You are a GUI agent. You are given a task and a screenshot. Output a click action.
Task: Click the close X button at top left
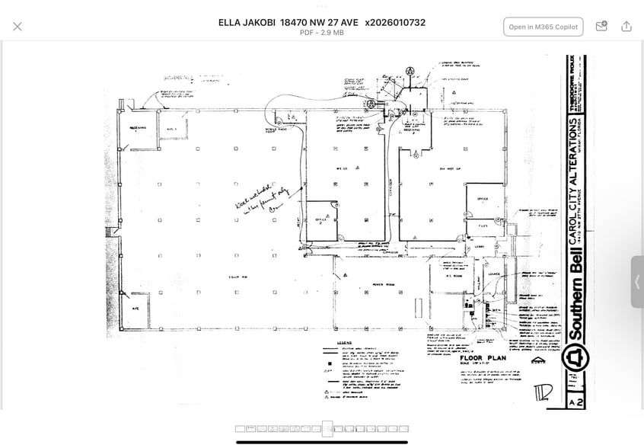(x=18, y=27)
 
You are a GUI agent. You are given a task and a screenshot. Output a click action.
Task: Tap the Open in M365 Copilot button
(x=543, y=27)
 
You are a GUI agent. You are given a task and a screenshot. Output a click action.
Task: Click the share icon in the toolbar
(x=626, y=27)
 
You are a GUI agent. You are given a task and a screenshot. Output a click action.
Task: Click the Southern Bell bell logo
(x=575, y=357)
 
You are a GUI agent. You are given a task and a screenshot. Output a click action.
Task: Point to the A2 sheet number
(x=575, y=401)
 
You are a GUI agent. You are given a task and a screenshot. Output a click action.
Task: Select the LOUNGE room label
(x=494, y=274)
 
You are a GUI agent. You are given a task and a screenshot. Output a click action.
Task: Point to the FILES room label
(x=483, y=226)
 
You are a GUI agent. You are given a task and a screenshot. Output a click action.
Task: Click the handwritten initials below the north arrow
(x=541, y=392)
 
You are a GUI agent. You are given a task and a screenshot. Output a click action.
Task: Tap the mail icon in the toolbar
(x=601, y=27)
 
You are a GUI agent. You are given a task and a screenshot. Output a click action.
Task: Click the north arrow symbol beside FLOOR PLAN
(x=537, y=360)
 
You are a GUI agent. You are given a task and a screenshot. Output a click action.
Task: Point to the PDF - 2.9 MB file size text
(x=321, y=33)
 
